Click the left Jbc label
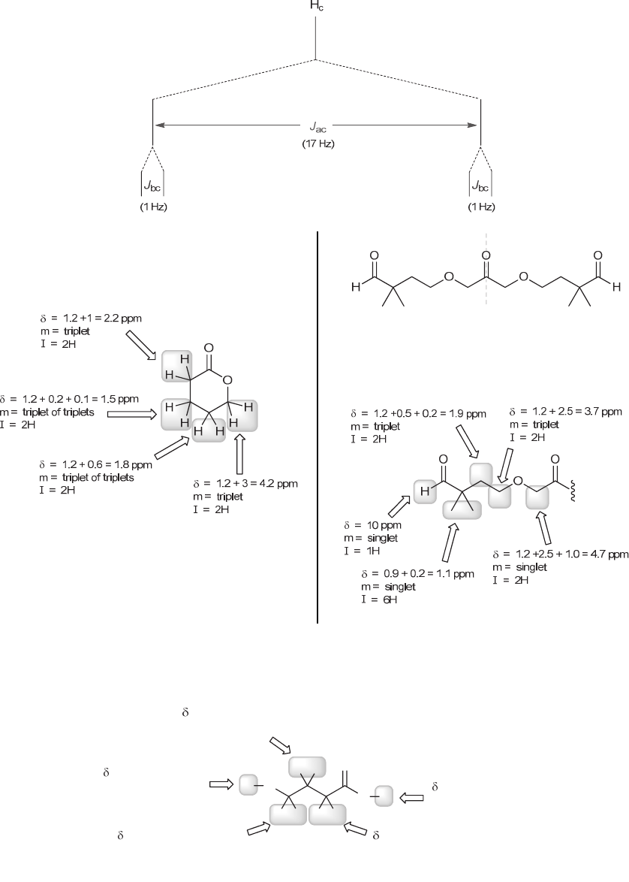click(x=153, y=186)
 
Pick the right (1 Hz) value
click(x=478, y=207)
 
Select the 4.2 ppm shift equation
click(x=245, y=483)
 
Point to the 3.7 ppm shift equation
click(x=566, y=412)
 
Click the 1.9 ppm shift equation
click(x=418, y=413)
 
